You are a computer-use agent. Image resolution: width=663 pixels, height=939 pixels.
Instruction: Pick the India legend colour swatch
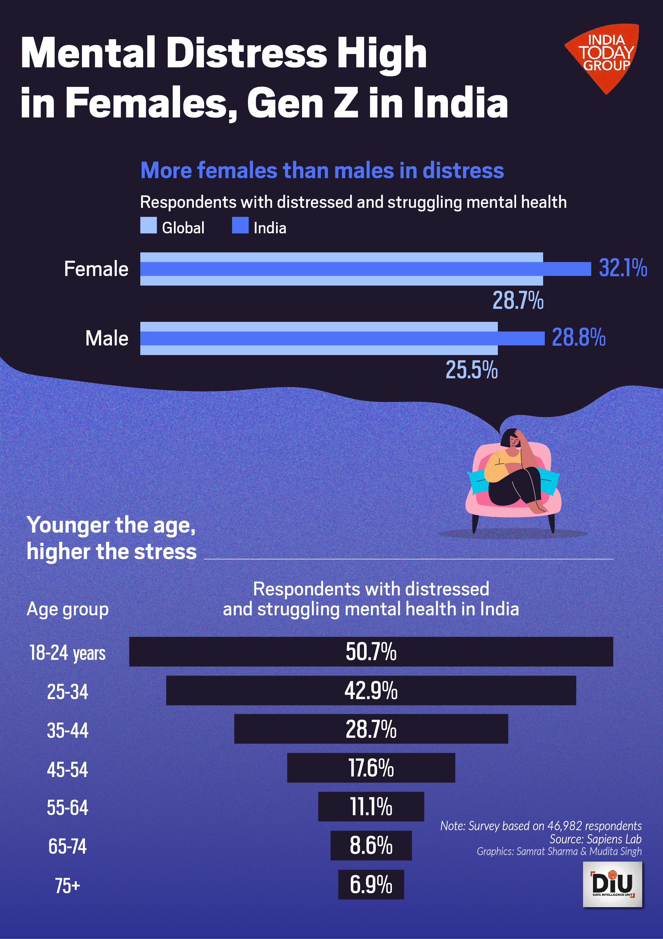(240, 225)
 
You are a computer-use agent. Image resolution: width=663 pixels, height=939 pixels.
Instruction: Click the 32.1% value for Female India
(622, 268)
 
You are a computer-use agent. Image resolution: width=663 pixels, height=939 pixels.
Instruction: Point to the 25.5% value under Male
(471, 370)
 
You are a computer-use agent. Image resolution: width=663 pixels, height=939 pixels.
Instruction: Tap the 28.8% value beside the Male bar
(578, 338)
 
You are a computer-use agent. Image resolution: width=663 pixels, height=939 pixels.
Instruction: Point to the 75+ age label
(67, 886)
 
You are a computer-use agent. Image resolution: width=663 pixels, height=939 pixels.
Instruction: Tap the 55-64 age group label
(67, 808)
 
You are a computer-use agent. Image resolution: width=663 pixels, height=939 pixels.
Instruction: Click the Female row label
(96, 269)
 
